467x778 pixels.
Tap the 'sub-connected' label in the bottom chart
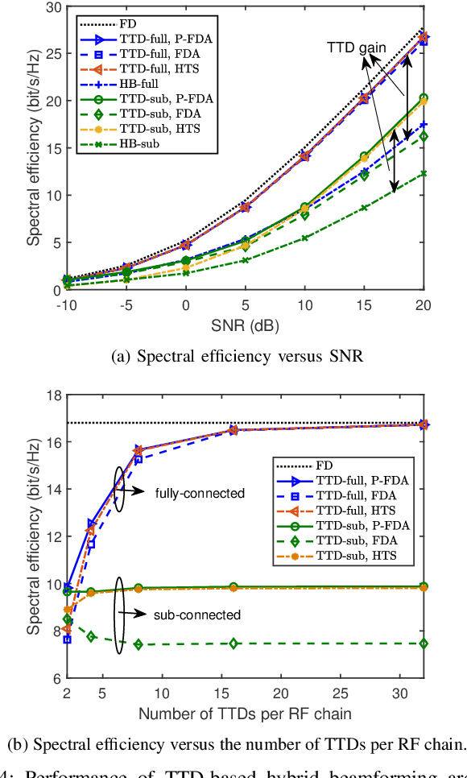196,615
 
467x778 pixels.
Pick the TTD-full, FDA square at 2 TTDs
67,639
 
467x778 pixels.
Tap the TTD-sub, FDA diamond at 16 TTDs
233,644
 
